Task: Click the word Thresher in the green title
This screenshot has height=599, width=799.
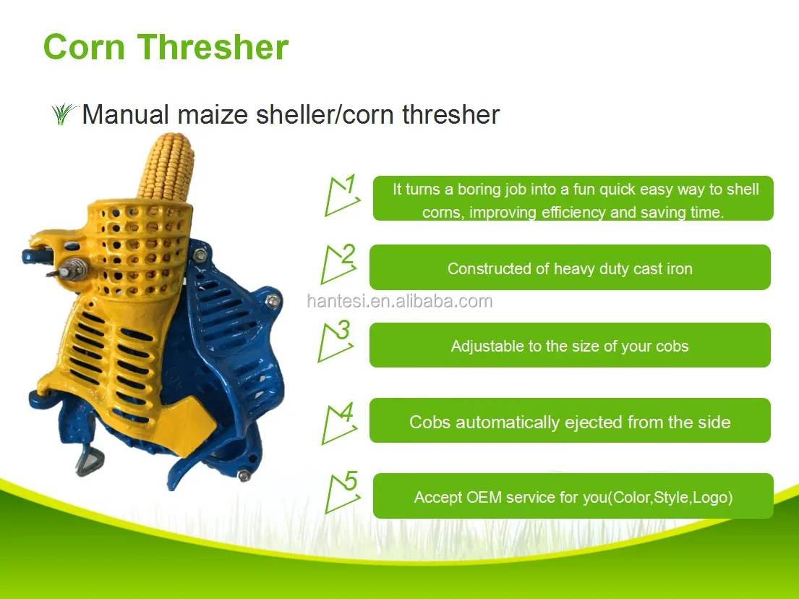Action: coord(214,47)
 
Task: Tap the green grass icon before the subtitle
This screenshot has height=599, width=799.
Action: coord(64,114)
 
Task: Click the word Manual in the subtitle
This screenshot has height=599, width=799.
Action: coord(126,114)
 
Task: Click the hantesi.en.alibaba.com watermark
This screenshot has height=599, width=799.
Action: coord(399,302)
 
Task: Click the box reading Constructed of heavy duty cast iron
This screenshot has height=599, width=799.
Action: coord(570,268)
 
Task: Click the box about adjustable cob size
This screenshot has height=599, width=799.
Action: coord(570,346)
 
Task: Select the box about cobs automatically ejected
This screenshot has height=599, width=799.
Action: coord(570,422)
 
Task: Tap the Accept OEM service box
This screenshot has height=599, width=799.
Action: coord(573,497)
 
